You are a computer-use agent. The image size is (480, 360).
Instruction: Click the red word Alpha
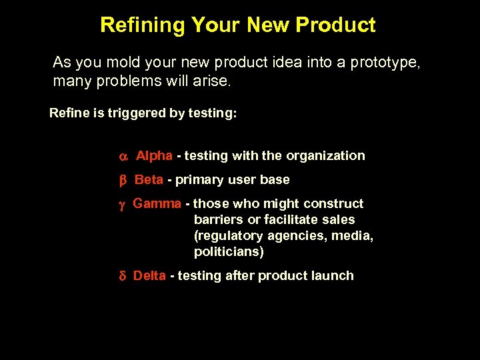tap(154, 156)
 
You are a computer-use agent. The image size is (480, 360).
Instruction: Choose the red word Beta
tap(149, 180)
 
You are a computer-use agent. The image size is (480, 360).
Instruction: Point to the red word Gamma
tap(157, 204)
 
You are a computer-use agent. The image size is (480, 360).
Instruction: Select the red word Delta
tap(149, 276)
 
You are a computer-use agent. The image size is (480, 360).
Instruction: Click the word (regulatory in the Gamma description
tap(228, 236)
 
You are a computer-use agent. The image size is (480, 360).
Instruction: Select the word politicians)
tap(229, 252)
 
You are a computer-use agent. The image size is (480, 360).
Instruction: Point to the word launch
tap(333, 276)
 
